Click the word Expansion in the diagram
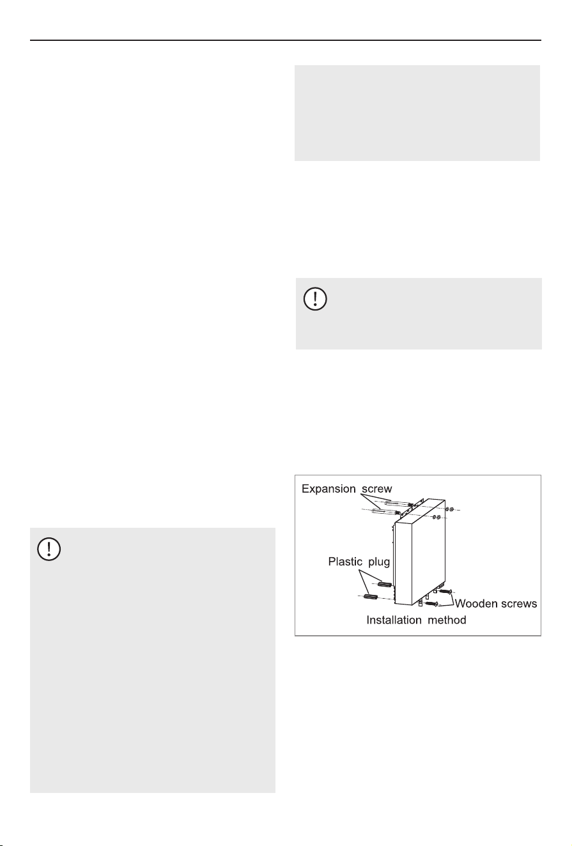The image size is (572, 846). point(329,489)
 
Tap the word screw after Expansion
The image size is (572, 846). point(377,489)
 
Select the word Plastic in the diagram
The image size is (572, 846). point(345,562)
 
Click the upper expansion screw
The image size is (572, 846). point(398,504)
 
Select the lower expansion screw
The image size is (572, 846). point(386,512)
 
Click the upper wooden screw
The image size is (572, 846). point(445,592)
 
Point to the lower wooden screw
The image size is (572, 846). point(431,604)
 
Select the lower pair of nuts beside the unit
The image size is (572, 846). point(436,517)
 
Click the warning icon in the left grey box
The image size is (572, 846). point(49,549)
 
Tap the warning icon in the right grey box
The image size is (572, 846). point(315,300)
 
